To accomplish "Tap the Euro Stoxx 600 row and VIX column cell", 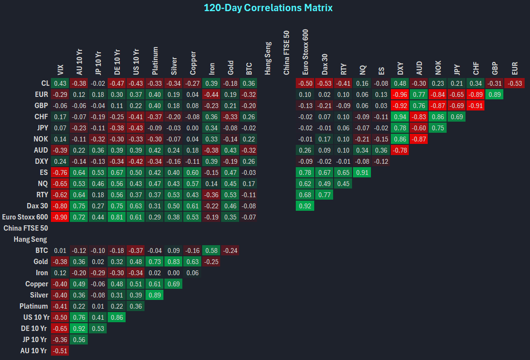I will click(x=60, y=217).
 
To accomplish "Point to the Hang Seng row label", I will click(x=31, y=239).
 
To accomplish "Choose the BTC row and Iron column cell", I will click(x=211, y=250).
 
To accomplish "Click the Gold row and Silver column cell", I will click(x=173, y=262).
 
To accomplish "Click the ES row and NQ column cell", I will click(x=362, y=172).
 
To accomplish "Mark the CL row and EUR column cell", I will click(x=514, y=83).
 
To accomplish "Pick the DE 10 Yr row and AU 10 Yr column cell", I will click(x=79, y=329).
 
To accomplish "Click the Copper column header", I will click(x=193, y=62).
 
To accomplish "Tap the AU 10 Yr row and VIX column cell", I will click(x=60, y=351).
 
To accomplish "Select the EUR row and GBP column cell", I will click(x=494, y=94).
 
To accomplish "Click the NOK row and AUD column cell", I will click(x=419, y=139).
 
